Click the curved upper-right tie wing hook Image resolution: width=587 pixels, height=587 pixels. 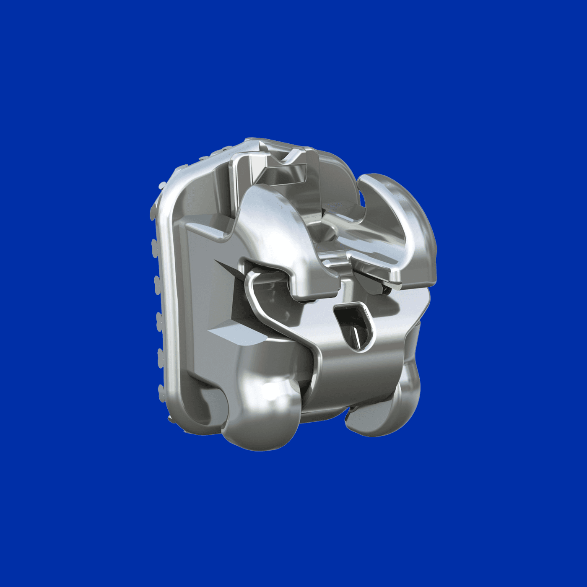click(x=403, y=210)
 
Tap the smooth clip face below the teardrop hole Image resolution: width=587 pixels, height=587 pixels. click(x=356, y=377)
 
